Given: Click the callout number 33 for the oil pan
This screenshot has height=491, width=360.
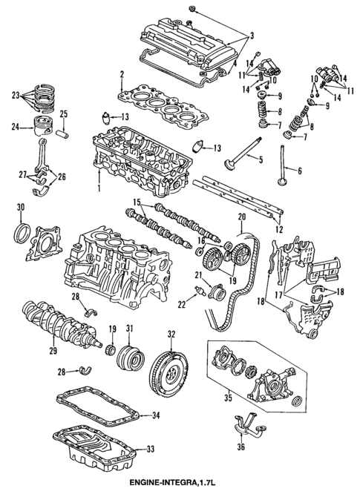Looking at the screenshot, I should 151,449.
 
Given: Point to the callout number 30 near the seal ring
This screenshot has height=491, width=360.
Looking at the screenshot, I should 21,205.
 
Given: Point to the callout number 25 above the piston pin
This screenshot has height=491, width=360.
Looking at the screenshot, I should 63,113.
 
